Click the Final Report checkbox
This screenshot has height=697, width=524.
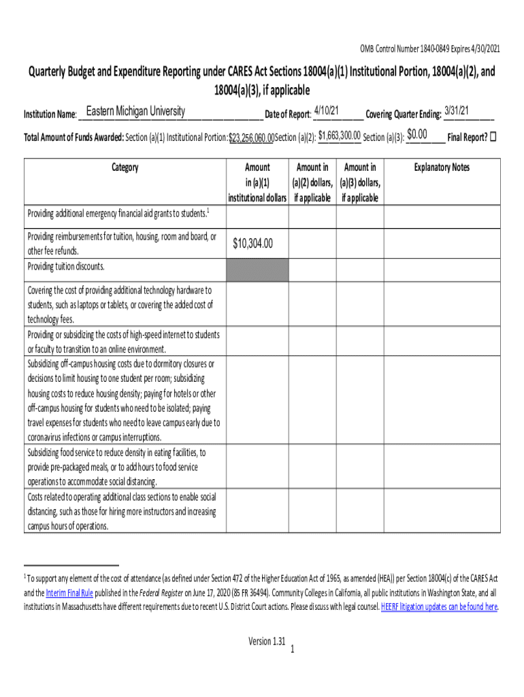493,136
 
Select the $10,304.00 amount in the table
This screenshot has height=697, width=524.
252,243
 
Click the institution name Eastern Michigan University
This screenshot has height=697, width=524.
135,111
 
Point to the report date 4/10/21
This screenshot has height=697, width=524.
327,111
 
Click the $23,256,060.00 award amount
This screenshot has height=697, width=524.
251,138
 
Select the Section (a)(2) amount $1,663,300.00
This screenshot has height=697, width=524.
339,136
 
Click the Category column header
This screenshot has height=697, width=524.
125,167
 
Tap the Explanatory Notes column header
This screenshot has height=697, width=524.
442,167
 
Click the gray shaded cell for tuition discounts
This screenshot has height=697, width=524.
257,270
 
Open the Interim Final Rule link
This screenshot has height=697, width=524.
69,592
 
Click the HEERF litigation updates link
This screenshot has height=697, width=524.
439,606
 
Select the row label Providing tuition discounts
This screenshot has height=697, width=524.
66,267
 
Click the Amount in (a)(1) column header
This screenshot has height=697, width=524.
257,182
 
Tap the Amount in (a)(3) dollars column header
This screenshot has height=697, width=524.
361,182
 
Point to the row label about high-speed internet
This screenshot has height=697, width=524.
123,341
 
